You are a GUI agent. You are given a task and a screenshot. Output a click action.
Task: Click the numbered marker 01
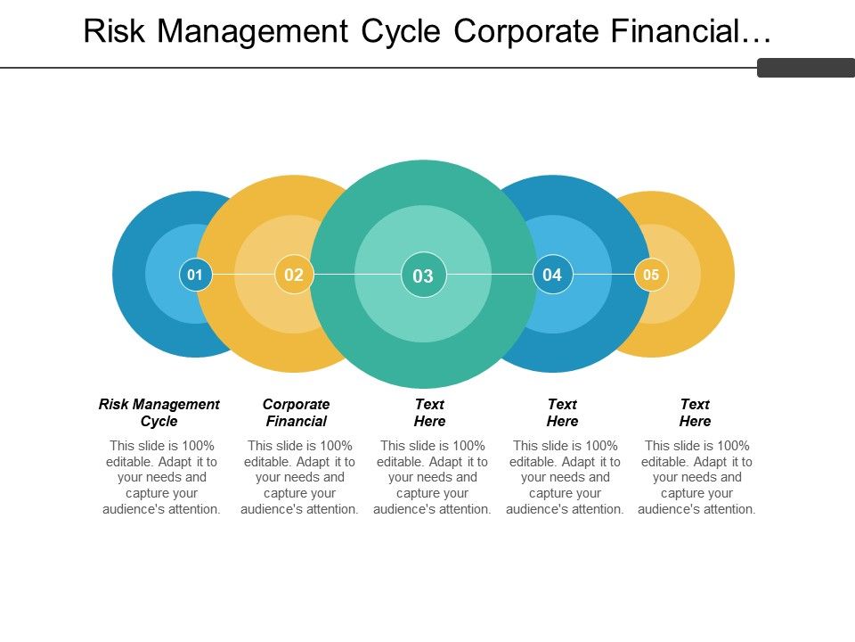195,275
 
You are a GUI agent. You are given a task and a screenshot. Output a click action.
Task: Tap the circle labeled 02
294,275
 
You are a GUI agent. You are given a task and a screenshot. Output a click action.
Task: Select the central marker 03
423,276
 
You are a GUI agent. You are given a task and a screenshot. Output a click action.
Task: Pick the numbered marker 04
552,275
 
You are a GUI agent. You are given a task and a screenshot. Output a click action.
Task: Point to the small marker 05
651,275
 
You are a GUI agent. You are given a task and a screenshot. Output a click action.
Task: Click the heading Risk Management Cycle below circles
159,413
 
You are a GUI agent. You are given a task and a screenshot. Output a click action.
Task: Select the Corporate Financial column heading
297,413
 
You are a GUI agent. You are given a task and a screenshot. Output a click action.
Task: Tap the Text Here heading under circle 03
430,413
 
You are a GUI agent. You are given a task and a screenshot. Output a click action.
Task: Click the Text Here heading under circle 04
563,413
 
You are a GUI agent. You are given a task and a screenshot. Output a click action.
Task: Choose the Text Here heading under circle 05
696,413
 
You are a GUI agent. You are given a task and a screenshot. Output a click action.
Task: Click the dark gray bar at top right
805,68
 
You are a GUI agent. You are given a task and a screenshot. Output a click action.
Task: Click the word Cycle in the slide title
401,31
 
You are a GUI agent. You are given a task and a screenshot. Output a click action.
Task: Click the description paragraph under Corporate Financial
301,477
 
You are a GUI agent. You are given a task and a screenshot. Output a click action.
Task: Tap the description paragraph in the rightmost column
698,477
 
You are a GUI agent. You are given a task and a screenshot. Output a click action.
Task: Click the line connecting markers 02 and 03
356,275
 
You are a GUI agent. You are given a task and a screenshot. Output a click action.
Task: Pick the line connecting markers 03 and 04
490,275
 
